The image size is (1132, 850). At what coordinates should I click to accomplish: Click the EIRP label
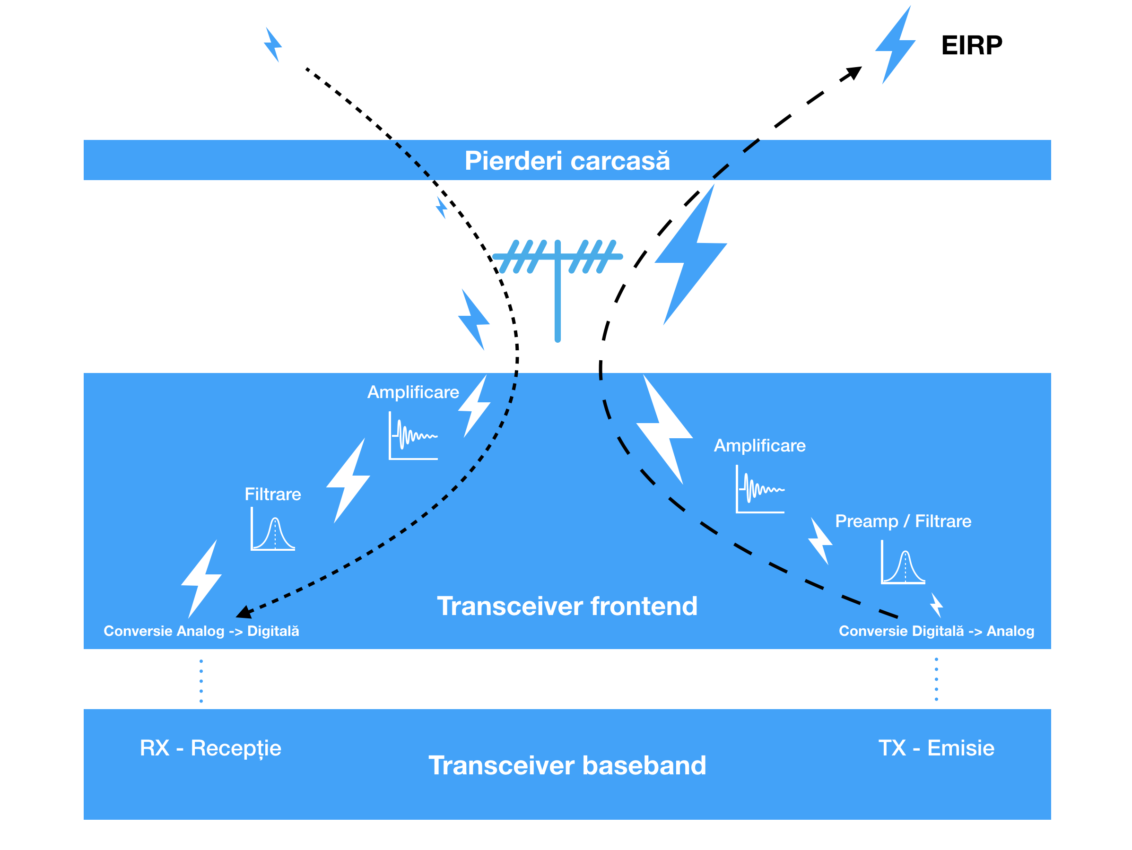click(971, 45)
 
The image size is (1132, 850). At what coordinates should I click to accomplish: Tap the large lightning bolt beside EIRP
click(895, 45)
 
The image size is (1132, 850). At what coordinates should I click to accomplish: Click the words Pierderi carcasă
click(566, 161)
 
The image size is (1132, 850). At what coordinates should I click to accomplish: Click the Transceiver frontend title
click(566, 606)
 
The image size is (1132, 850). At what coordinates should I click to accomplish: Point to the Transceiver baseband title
click(566, 765)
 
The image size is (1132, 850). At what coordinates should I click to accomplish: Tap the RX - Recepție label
click(210, 748)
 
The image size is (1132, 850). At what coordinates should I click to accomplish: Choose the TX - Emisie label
click(936, 748)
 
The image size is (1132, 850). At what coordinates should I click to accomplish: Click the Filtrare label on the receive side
click(273, 494)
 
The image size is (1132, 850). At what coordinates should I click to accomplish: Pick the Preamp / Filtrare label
click(903, 521)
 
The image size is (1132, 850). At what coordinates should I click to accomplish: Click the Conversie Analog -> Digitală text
click(201, 631)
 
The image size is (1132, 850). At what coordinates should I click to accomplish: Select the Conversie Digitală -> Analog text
click(936, 631)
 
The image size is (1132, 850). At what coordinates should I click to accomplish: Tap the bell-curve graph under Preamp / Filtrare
click(903, 563)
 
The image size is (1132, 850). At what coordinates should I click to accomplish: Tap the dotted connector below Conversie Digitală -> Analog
click(936, 678)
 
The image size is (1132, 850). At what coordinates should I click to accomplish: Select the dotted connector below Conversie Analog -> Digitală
click(201, 681)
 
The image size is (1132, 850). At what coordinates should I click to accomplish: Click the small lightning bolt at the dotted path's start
click(273, 45)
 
